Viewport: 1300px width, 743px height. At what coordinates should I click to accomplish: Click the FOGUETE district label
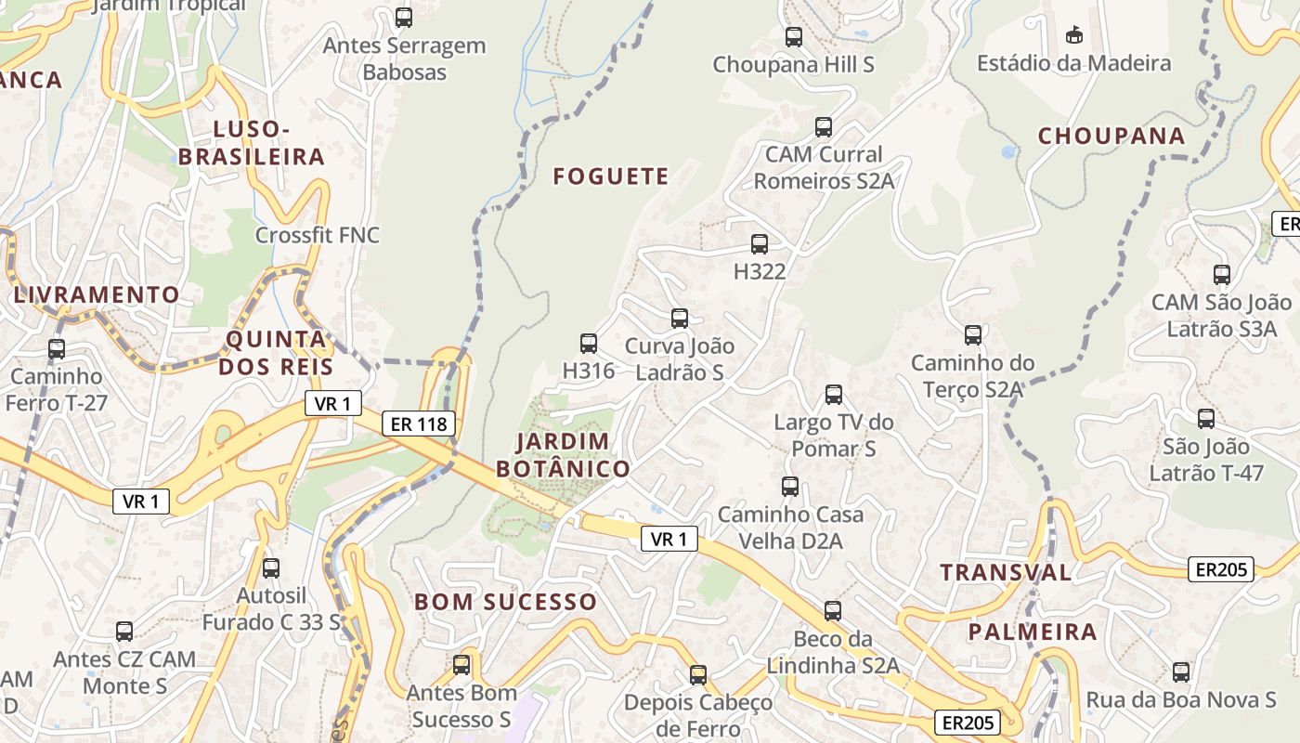coord(611,176)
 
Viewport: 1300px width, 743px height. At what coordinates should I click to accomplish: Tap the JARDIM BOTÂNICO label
coord(563,455)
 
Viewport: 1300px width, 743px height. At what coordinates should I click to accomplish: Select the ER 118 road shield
coord(419,424)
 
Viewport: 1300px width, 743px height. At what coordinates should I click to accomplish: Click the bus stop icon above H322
coord(760,244)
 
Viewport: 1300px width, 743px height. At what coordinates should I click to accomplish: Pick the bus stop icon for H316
coord(589,344)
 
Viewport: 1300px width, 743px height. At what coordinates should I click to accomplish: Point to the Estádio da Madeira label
coord(1073,63)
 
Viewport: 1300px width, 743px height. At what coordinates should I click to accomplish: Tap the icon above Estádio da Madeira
coord(1074,35)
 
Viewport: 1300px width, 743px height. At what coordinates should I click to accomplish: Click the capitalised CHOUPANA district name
coord(1111,136)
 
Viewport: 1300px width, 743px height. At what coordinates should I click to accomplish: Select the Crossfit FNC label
coord(318,235)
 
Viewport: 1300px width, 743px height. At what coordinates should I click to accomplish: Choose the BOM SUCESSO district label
coord(505,602)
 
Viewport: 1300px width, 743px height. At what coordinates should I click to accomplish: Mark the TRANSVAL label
coord(1006,572)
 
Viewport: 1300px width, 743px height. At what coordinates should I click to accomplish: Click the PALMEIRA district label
coord(1033,632)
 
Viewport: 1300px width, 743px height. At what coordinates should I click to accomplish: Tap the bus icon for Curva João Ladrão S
coord(680,319)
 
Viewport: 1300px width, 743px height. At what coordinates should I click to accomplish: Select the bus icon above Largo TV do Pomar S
coord(834,395)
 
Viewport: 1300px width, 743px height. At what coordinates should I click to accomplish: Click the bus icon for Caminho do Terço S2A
coord(973,335)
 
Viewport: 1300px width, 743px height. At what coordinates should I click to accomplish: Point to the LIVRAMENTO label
coord(97,295)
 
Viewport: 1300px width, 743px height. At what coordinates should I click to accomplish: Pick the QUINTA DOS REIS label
coord(277,353)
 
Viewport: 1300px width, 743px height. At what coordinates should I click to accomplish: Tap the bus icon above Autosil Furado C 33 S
coord(271,567)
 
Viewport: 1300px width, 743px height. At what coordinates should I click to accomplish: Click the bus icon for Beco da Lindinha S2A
coord(833,611)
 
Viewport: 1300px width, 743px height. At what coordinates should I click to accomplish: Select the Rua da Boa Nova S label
coord(1181,700)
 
